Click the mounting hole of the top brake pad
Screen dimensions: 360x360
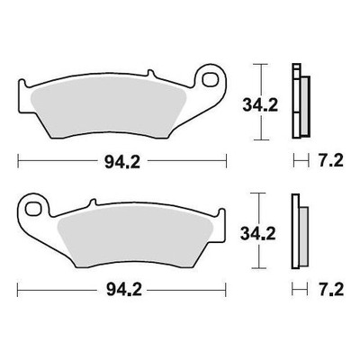[x=210, y=79]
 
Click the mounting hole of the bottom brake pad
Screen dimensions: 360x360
[x=33, y=208]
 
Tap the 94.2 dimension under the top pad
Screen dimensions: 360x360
[x=122, y=162]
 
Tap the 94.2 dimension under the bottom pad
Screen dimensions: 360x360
[x=124, y=290]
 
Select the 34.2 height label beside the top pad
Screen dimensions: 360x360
[x=260, y=105]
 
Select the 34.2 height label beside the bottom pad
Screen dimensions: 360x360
[x=258, y=234]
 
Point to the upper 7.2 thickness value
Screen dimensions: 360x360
[x=330, y=161]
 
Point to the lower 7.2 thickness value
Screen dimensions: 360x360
[x=331, y=290]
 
